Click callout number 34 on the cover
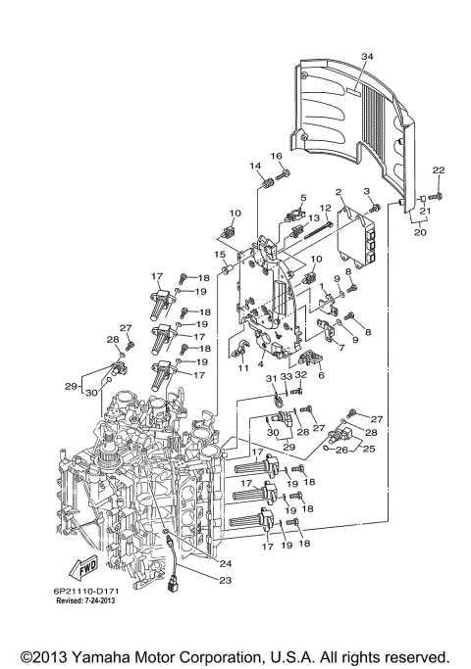[366, 58]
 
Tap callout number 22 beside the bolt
[438, 171]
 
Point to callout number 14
[254, 166]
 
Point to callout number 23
[227, 581]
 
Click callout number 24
[227, 563]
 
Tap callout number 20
[419, 234]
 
